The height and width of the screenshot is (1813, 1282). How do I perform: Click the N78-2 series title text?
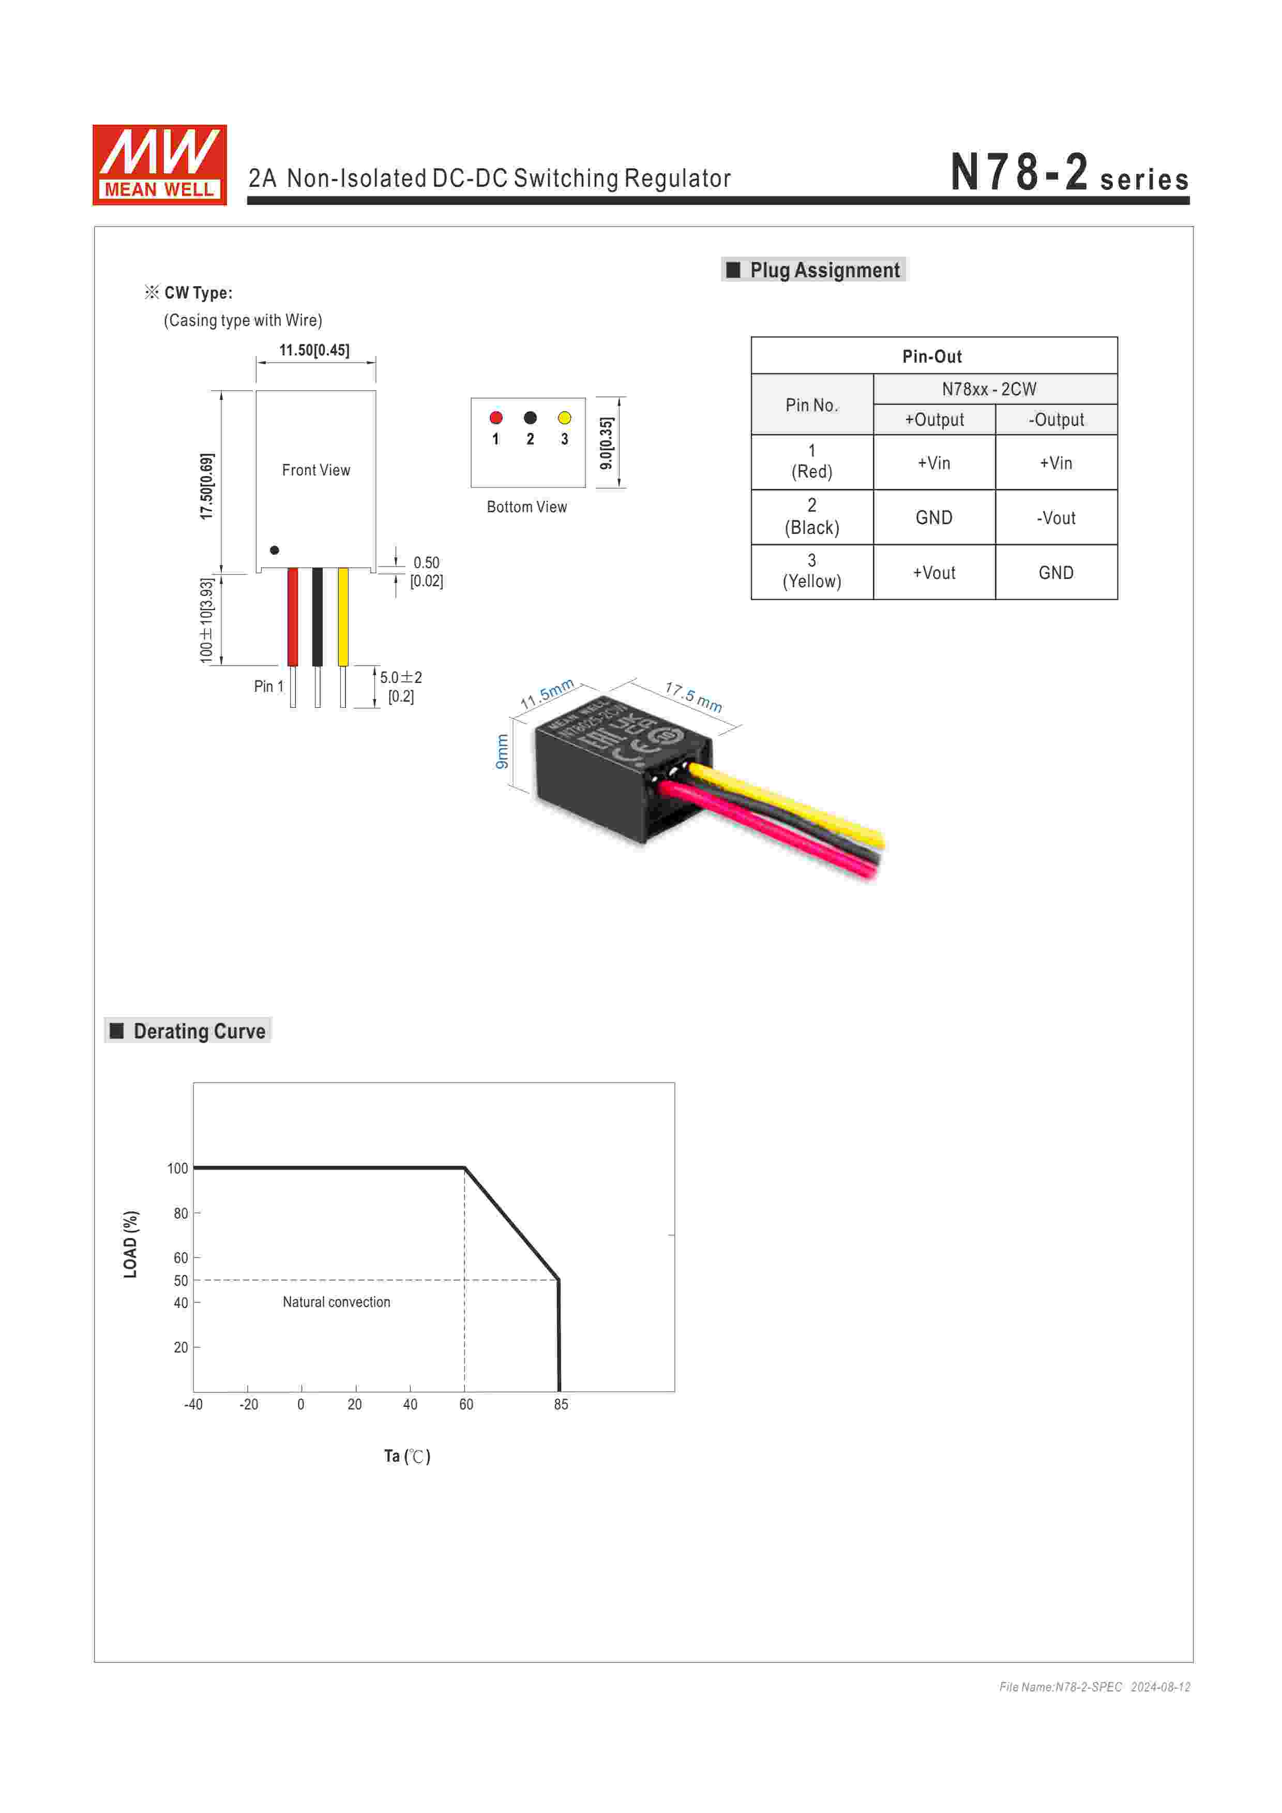(x=1069, y=173)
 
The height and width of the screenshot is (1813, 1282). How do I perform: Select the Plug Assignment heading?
(x=814, y=270)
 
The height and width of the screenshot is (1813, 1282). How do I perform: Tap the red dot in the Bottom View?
(x=496, y=418)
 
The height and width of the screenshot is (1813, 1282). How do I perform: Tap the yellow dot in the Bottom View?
(x=564, y=418)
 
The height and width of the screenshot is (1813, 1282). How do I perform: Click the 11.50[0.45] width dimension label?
(x=314, y=350)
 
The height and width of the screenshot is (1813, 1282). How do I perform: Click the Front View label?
(x=316, y=470)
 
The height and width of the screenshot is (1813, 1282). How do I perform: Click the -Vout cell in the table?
(x=1056, y=518)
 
